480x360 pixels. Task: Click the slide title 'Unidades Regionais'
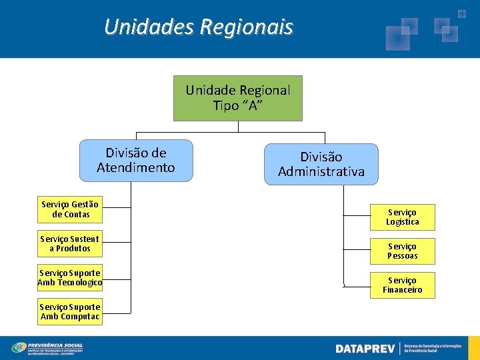pyautogui.click(x=199, y=27)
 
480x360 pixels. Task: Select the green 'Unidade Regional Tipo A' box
pyautogui.click(x=238, y=97)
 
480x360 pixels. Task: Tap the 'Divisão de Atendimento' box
pyautogui.click(x=136, y=161)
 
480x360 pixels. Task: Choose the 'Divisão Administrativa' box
pyautogui.click(x=321, y=165)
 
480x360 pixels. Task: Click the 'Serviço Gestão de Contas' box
pyautogui.click(x=70, y=209)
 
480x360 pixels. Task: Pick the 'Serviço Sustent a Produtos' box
pyautogui.click(x=70, y=243)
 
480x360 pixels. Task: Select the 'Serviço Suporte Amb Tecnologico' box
pyautogui.click(x=70, y=277)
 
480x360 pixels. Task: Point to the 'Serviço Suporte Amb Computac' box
pyautogui.click(x=70, y=312)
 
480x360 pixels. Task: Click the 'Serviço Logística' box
pyautogui.click(x=402, y=217)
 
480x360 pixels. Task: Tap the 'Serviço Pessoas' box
pyautogui.click(x=402, y=251)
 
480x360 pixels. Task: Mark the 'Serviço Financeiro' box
pyautogui.click(x=402, y=285)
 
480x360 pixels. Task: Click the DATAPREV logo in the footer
pyautogui.click(x=365, y=349)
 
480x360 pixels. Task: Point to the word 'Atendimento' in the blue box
pyautogui.click(x=136, y=168)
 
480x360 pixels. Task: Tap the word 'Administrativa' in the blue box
pyautogui.click(x=321, y=172)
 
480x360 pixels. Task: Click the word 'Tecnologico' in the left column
pyautogui.click(x=80, y=283)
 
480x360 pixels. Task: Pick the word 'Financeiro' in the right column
pyautogui.click(x=402, y=290)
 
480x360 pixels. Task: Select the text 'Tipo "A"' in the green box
pyautogui.click(x=238, y=105)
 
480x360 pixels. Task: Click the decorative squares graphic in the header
pyautogui.click(x=427, y=29)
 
